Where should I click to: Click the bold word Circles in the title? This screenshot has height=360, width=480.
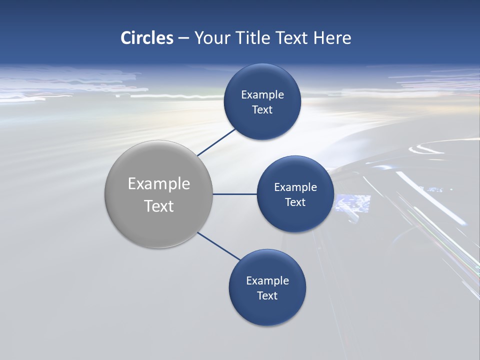[146, 38]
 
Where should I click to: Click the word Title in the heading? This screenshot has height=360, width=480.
[252, 38]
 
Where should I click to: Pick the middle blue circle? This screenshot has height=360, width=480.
[295, 220]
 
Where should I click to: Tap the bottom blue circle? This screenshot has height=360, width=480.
[267, 312]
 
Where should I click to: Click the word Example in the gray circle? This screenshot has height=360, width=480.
[159, 184]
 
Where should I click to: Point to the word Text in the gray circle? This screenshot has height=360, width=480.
[159, 206]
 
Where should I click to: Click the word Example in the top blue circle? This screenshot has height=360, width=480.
[262, 95]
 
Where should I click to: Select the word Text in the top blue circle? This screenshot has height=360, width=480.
[262, 110]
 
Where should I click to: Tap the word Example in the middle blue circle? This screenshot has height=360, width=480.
[295, 187]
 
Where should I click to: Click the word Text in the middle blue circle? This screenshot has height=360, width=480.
[295, 202]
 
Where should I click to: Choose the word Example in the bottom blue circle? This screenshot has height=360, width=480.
[267, 281]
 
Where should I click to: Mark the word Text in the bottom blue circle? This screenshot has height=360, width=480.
[267, 296]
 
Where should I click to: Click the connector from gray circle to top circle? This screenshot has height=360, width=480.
[216, 142]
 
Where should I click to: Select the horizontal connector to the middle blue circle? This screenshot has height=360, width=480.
[234, 194]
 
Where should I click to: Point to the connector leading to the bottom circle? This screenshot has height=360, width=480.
[218, 246]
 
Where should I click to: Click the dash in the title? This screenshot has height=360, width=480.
[183, 38]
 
